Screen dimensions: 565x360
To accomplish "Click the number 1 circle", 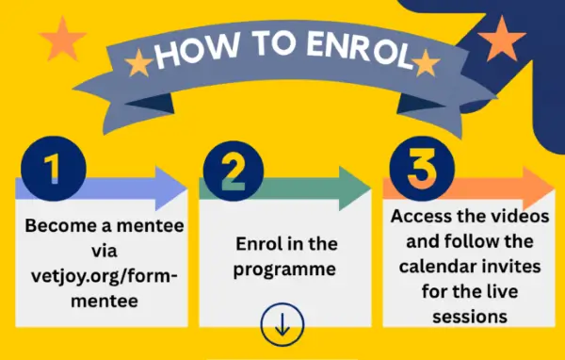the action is [x=54, y=169].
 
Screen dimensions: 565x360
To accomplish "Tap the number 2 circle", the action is [x=234, y=171].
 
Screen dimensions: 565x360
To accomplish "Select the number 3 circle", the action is [x=422, y=169].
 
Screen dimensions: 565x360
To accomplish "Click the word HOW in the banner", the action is [x=198, y=52].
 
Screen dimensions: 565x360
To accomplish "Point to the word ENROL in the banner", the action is [x=361, y=51].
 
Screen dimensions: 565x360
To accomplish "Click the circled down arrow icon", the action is [x=282, y=324].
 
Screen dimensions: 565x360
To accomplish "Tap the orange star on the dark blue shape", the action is [x=502, y=39].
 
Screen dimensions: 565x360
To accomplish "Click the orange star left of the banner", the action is [x=63, y=39].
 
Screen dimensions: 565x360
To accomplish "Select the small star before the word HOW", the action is [x=139, y=63].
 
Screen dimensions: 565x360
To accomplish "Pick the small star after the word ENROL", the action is [x=427, y=63].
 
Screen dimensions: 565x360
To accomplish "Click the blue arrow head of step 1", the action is [x=170, y=188].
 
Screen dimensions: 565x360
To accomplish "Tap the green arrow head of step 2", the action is [x=355, y=188].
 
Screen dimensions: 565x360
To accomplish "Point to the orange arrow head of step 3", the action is [x=539, y=188].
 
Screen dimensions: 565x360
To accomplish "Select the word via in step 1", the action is [x=105, y=251].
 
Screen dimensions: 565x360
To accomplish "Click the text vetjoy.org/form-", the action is [x=105, y=277].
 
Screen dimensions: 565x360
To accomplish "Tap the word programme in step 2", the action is [x=284, y=270].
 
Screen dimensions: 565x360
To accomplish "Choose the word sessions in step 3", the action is [x=470, y=317].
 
